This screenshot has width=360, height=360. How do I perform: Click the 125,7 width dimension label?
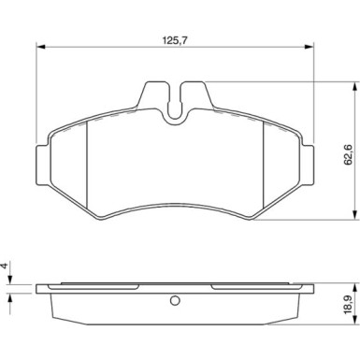175,40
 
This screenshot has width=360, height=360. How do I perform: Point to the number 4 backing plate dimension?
5,266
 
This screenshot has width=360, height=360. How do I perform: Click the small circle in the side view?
175,300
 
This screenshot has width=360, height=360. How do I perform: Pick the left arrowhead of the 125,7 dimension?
41,47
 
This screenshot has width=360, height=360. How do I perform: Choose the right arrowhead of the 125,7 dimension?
309,47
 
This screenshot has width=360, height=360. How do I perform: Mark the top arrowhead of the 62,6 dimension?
354,87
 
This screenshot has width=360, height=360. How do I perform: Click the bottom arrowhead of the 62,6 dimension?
354,215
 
